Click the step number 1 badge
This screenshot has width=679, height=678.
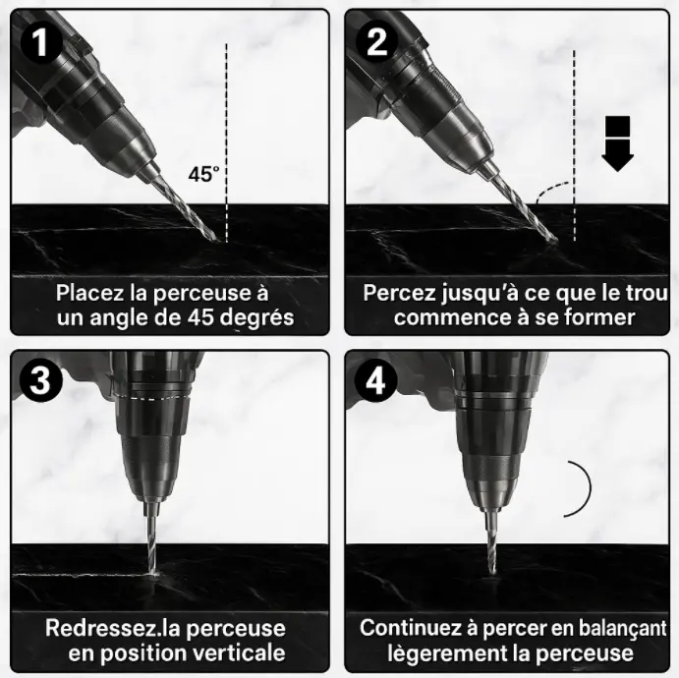[41, 42]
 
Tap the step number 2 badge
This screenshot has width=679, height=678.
[376, 42]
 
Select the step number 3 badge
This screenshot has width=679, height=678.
[40, 381]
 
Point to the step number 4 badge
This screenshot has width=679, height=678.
[376, 381]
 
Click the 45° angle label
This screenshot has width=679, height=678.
[203, 174]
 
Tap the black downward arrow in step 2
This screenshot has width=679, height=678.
[617, 143]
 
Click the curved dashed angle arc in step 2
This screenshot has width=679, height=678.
[552, 190]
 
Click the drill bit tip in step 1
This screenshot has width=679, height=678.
[213, 238]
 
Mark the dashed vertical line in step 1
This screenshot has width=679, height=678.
[226, 142]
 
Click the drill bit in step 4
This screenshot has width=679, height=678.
[491, 541]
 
